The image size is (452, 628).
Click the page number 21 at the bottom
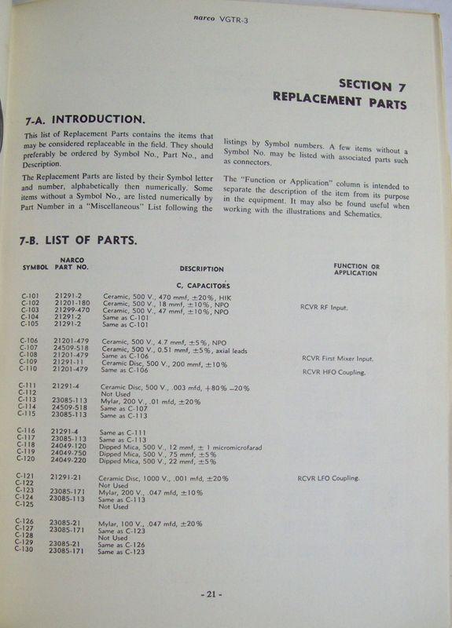[x=209, y=594]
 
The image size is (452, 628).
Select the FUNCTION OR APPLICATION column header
[x=355, y=269]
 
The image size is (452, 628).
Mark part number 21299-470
[x=73, y=312]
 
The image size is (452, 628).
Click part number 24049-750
[x=69, y=454]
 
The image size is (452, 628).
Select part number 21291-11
[x=69, y=363]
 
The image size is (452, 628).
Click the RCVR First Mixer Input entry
[x=338, y=359]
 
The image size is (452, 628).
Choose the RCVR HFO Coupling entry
[x=333, y=372]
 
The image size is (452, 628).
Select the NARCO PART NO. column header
[x=72, y=263]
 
